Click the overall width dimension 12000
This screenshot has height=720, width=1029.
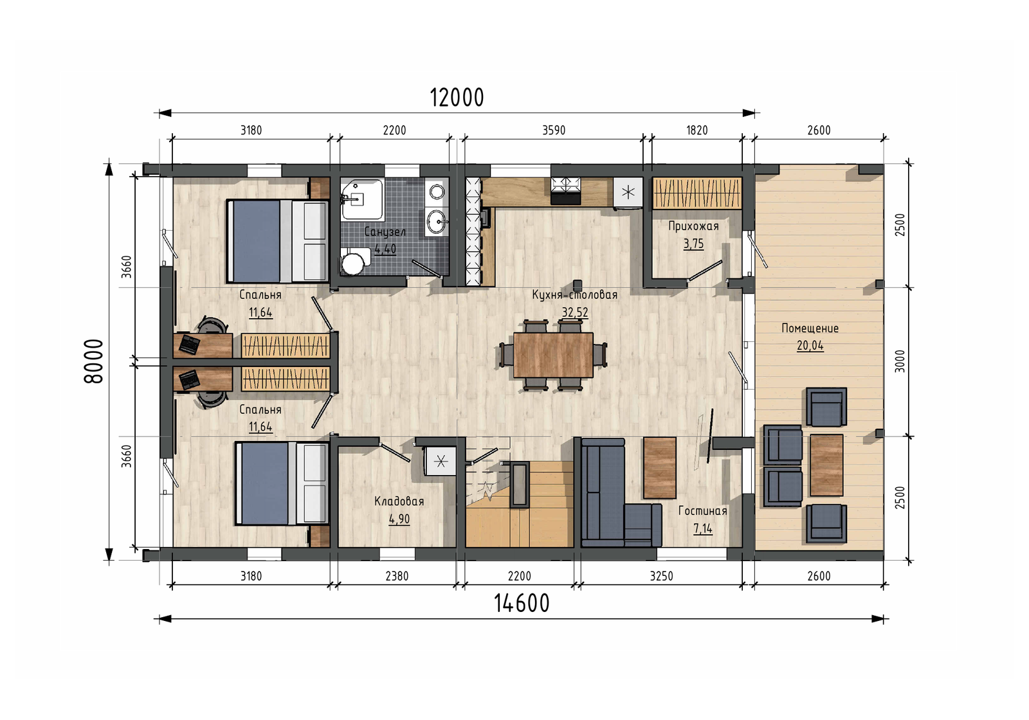(x=457, y=98)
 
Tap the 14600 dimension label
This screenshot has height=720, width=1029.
(x=522, y=604)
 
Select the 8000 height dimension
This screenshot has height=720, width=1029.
(x=94, y=361)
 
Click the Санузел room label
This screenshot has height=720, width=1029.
(x=385, y=232)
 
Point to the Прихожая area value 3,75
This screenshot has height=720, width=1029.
(x=693, y=244)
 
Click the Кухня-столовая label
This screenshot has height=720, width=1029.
(x=575, y=294)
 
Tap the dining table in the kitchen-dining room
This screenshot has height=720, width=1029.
(x=553, y=355)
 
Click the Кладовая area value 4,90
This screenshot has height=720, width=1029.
(x=399, y=519)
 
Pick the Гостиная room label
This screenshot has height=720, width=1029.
(x=702, y=511)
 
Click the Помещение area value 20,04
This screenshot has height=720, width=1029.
(x=810, y=345)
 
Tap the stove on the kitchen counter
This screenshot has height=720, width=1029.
(x=565, y=191)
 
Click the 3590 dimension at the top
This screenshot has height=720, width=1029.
(x=554, y=130)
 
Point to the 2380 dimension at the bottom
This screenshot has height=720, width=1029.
(x=396, y=576)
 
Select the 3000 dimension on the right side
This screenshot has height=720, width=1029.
(x=900, y=361)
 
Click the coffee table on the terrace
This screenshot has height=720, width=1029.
(x=826, y=465)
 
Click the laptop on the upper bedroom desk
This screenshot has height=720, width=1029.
(x=189, y=345)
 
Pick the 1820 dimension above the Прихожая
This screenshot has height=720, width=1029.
(x=697, y=130)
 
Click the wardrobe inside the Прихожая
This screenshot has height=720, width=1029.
(x=697, y=194)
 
